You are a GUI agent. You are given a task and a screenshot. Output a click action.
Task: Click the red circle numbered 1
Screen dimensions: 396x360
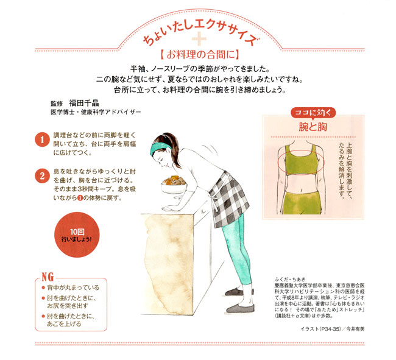pos(42,139)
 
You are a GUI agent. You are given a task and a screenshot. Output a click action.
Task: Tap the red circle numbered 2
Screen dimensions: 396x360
pos(42,176)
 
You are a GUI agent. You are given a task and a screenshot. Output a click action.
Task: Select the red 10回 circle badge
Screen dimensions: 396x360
pos(77,235)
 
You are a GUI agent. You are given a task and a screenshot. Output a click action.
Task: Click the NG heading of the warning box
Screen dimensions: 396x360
pos(48,277)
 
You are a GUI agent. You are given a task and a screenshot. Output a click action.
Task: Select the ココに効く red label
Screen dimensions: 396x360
pos(313,113)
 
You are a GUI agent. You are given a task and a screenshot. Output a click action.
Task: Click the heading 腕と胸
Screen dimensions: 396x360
pos(313,127)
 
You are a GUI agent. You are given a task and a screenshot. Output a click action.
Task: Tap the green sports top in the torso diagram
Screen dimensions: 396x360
pos(300,160)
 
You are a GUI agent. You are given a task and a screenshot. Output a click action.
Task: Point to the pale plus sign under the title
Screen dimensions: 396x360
pos(199,39)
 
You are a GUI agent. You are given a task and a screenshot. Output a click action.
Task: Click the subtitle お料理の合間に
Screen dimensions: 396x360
pos(199,55)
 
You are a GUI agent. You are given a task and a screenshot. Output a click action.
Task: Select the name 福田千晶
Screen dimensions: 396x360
pos(84,103)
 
